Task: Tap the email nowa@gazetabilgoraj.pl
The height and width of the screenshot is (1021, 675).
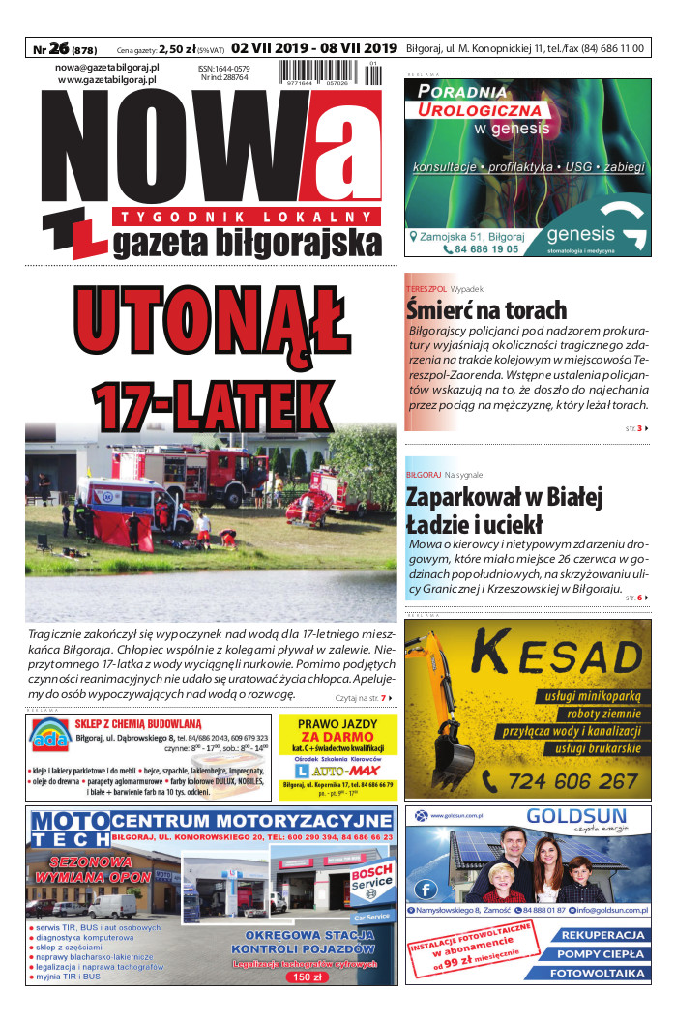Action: coord(106,67)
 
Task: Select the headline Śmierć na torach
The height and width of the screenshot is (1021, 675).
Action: coord(486,309)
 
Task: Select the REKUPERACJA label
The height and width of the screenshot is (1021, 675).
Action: coord(602,935)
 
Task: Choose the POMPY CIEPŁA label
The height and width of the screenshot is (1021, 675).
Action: coord(602,954)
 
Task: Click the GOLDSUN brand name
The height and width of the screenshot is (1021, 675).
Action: coord(576,817)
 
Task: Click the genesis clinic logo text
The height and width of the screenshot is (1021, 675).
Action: coord(580,234)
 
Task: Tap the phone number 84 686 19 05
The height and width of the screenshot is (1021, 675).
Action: coord(481,248)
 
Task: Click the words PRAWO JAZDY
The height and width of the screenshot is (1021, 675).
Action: coord(337,723)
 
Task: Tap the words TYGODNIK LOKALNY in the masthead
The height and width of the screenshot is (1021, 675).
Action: coord(243,215)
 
